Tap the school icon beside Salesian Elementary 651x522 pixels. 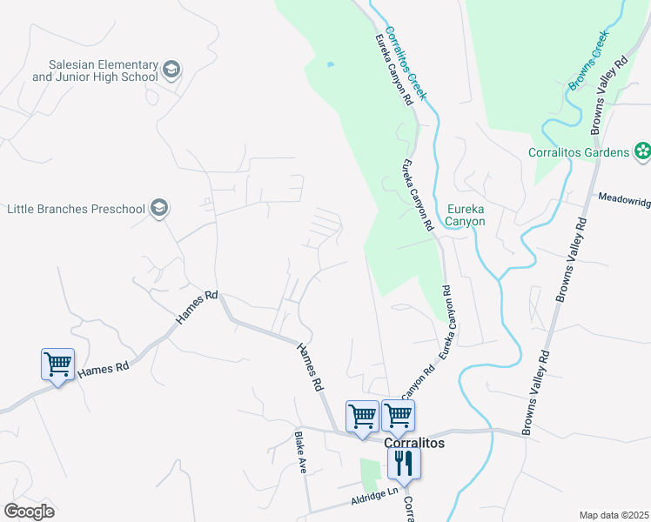click(171, 70)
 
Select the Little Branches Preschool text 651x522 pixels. click(75, 209)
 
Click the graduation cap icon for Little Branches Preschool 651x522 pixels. click(158, 208)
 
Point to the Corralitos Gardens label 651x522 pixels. click(578, 152)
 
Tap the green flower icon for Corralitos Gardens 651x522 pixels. click(642, 152)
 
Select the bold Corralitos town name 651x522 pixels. click(414, 443)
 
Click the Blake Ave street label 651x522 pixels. click(301, 452)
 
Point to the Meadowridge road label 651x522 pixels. click(624, 199)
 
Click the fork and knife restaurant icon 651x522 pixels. click(403, 462)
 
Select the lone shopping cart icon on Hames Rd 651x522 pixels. click(57, 364)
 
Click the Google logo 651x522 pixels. click(29, 511)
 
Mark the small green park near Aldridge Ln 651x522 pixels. click(369, 474)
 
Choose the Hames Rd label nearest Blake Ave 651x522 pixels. click(311, 365)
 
